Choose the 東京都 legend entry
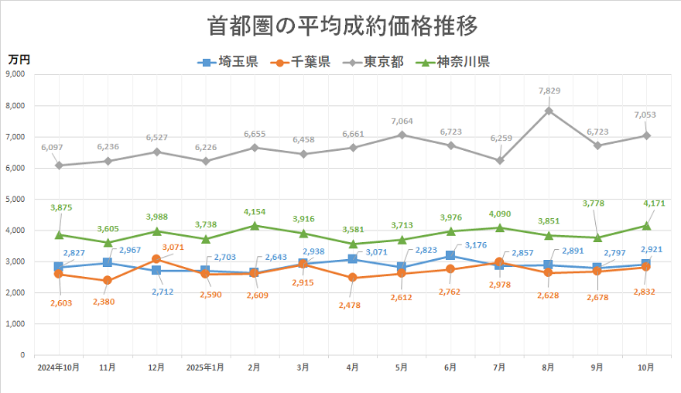(x=376, y=63)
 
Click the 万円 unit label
(x=19, y=58)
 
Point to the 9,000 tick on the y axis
(x=15, y=74)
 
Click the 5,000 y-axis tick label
(x=15, y=199)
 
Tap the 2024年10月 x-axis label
(x=59, y=368)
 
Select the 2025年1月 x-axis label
(x=205, y=368)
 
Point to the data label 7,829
(x=548, y=91)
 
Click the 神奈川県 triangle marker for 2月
(x=255, y=226)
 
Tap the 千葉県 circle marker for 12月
(x=156, y=259)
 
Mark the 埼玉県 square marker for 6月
(x=450, y=256)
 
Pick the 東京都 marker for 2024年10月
(x=59, y=165)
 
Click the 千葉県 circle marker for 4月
(x=353, y=278)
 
